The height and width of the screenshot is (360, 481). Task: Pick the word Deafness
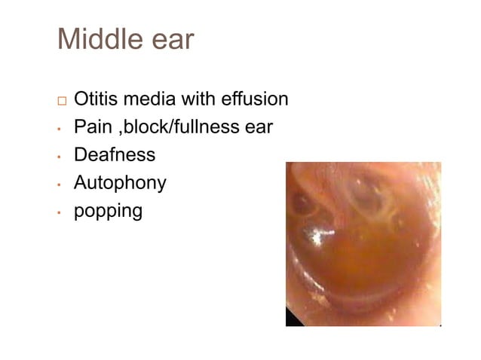pyautogui.click(x=115, y=154)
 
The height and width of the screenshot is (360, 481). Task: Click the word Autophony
pyautogui.click(x=119, y=183)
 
